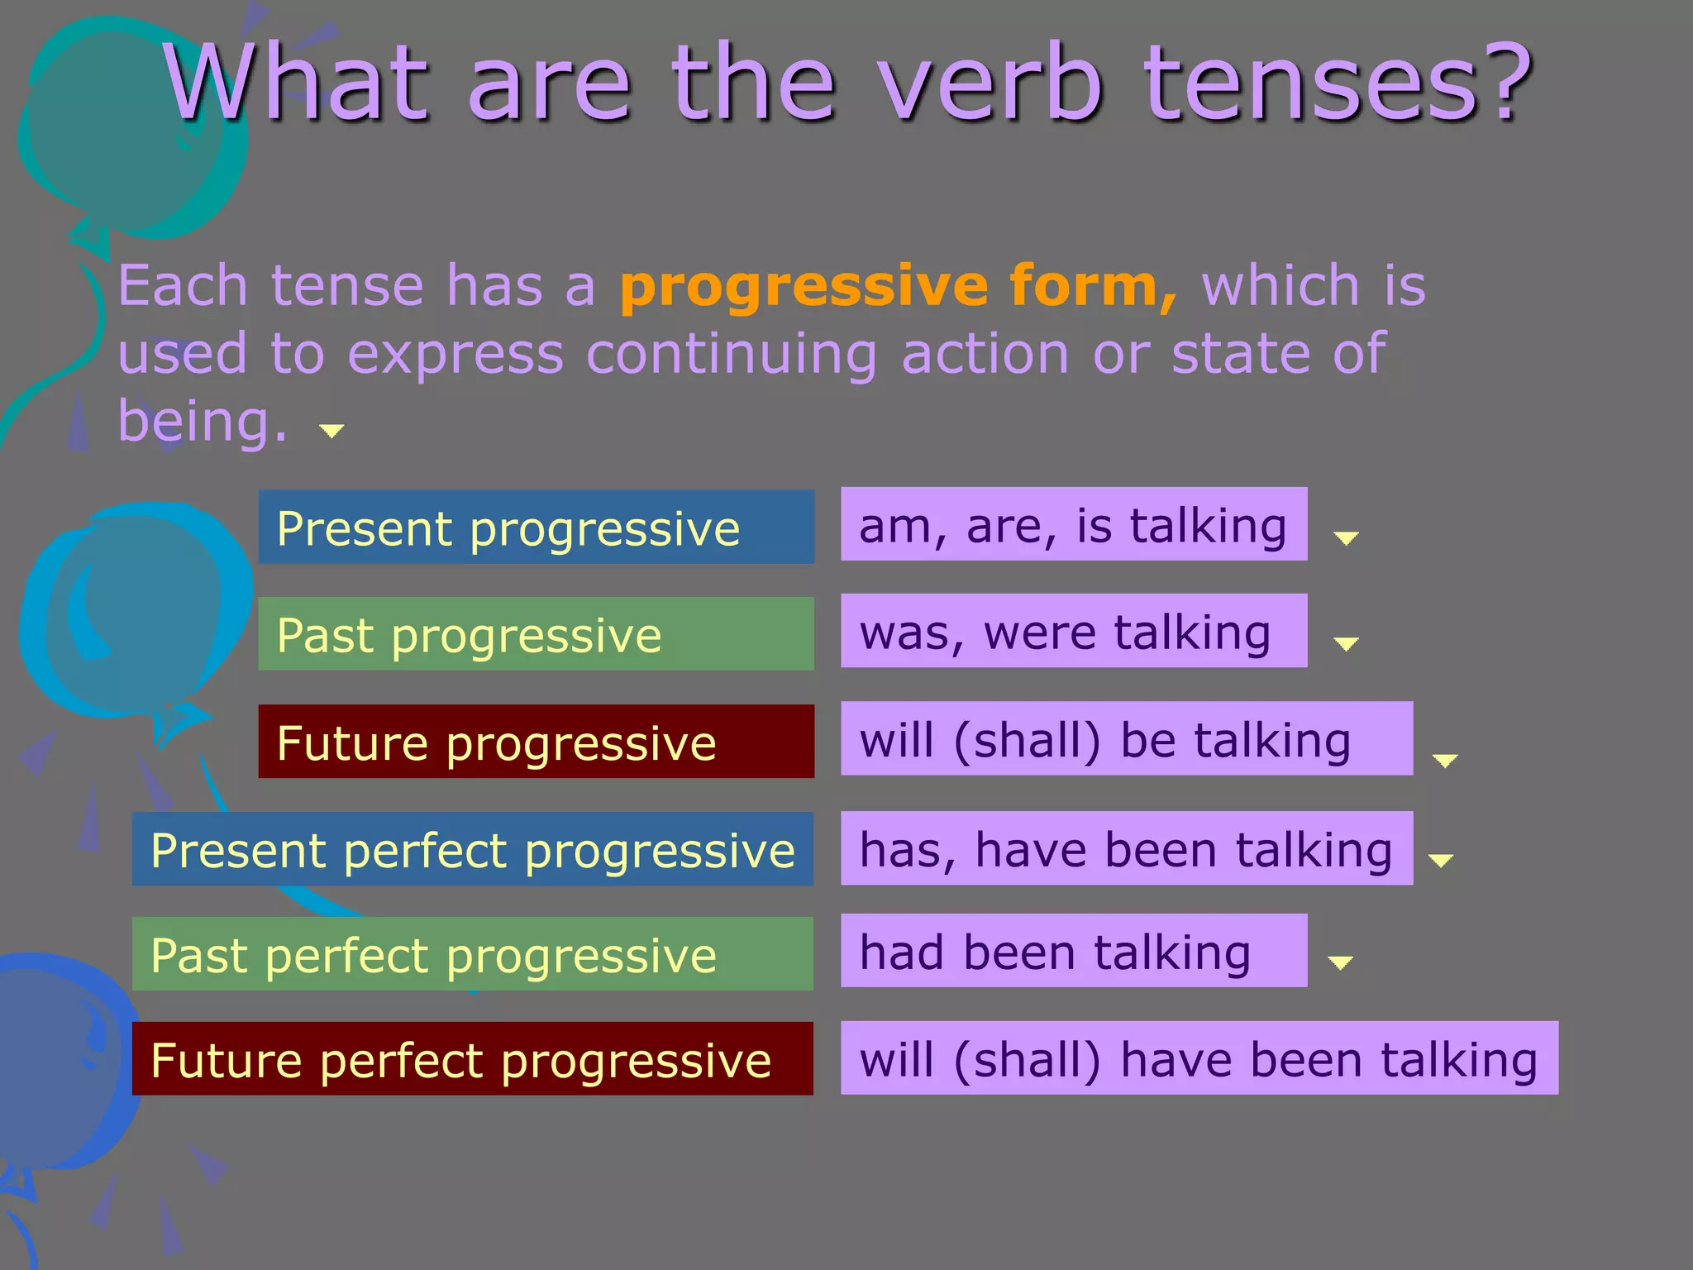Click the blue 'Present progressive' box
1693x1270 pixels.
[x=536, y=527]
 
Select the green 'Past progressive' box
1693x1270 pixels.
[x=536, y=634]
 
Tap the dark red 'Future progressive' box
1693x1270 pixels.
[x=536, y=742]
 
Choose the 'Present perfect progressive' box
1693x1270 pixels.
[x=472, y=849]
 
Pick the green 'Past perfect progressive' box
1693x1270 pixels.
[x=472, y=954]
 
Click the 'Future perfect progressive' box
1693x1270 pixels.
[x=472, y=1059]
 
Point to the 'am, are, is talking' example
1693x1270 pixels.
[x=1073, y=524]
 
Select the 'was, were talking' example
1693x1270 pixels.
[x=1073, y=631]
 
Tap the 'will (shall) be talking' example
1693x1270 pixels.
[x=1126, y=738]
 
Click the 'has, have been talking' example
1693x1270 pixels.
[x=1126, y=848]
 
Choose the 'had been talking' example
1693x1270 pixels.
[x=1073, y=951]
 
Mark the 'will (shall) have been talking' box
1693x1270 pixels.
[x=1199, y=1058]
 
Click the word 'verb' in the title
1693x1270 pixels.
[x=990, y=83]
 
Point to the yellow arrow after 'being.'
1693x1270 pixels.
[x=331, y=431]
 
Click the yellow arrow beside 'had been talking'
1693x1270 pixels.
[x=1339, y=962]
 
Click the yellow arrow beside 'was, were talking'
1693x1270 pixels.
[x=1346, y=644]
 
